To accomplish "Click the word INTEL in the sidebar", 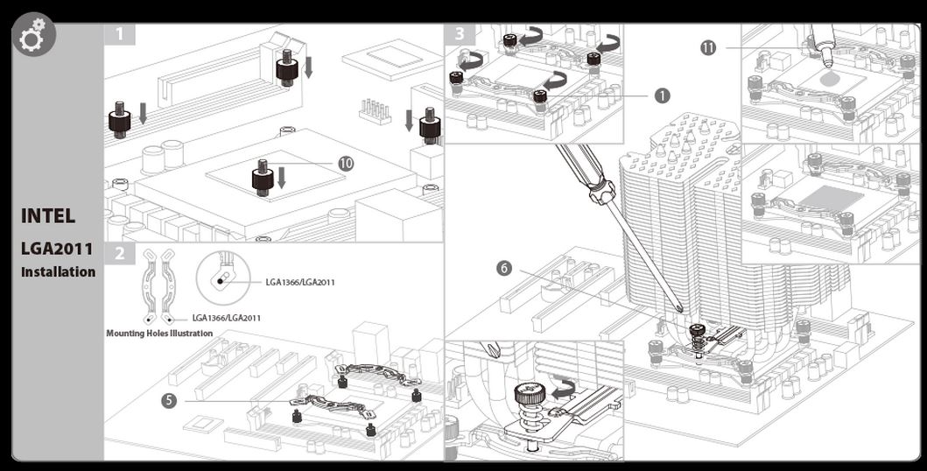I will click(48, 215).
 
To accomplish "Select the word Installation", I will click(59, 271).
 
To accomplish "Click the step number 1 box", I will click(120, 35).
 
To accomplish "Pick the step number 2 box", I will click(120, 254).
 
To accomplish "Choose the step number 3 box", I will click(461, 35).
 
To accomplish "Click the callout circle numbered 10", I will click(346, 164).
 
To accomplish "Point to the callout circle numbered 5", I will click(169, 401).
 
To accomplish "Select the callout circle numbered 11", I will click(708, 48).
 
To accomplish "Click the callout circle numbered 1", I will click(662, 95).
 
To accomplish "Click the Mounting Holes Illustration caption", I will click(159, 334).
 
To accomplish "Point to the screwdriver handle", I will click(585, 174).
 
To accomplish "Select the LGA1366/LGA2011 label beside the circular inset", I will click(300, 282).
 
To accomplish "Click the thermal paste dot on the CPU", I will click(826, 78).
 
